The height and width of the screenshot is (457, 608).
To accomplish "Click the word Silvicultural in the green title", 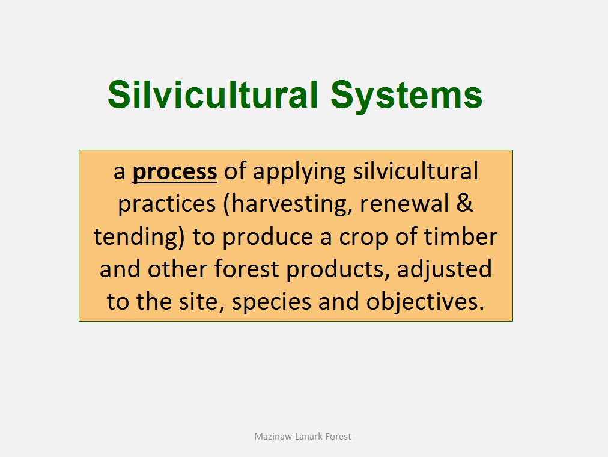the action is pyautogui.click(x=213, y=94).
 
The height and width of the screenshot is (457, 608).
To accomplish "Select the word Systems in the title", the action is pyautogui.click(x=406, y=96).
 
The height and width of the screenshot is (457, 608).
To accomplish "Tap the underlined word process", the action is pyautogui.click(x=175, y=172).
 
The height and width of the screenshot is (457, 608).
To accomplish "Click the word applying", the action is pyautogui.click(x=299, y=172).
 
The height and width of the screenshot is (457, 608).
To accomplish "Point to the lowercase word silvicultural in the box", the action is pyautogui.click(x=415, y=171).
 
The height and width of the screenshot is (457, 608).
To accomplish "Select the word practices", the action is pyautogui.click(x=167, y=204).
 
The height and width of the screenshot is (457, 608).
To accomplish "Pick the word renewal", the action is pyautogui.click(x=404, y=203).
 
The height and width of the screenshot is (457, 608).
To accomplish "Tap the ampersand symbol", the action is pyautogui.click(x=464, y=203).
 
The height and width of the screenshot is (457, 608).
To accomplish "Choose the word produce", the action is pyautogui.click(x=267, y=237).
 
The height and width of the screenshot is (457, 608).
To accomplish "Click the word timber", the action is pyautogui.click(x=461, y=236).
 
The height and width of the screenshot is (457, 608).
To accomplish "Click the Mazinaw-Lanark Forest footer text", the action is pyautogui.click(x=302, y=437).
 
